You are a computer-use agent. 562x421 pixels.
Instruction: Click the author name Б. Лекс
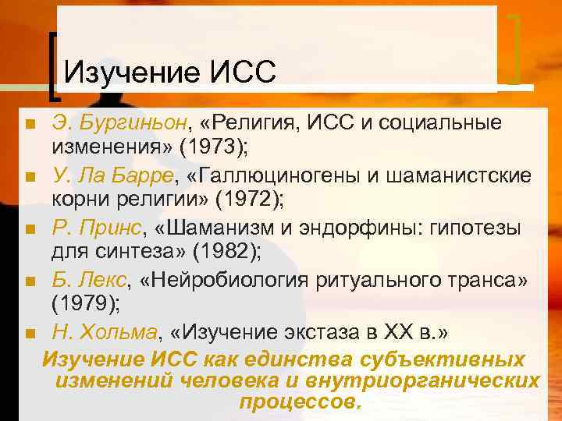click(84, 281)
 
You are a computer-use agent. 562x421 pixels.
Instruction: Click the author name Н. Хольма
click(104, 334)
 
